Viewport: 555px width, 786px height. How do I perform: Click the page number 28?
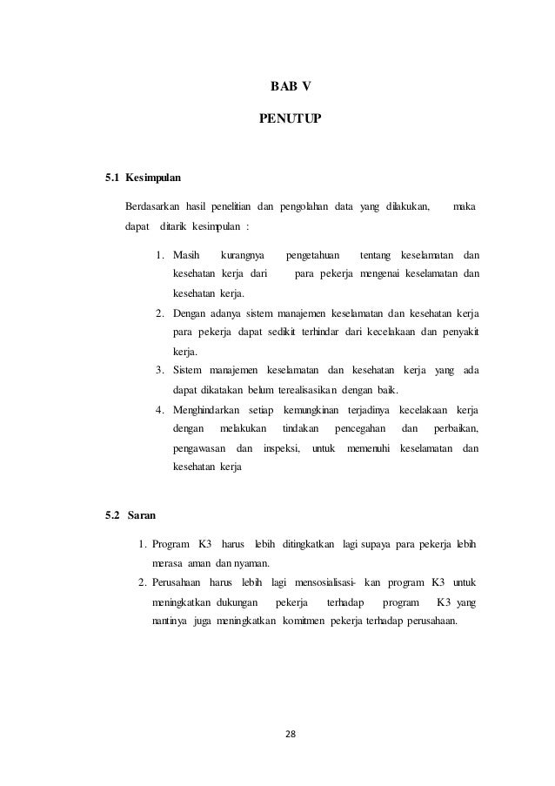click(x=291, y=735)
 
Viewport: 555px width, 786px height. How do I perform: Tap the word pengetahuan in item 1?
click(x=312, y=255)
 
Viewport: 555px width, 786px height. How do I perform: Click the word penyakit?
click(x=463, y=332)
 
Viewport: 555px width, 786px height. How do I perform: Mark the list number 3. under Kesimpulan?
click(x=160, y=371)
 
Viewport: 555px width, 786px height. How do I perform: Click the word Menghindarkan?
click(x=207, y=409)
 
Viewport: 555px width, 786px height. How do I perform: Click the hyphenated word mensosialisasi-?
click(x=326, y=581)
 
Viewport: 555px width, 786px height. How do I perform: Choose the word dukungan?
click(x=230, y=602)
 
